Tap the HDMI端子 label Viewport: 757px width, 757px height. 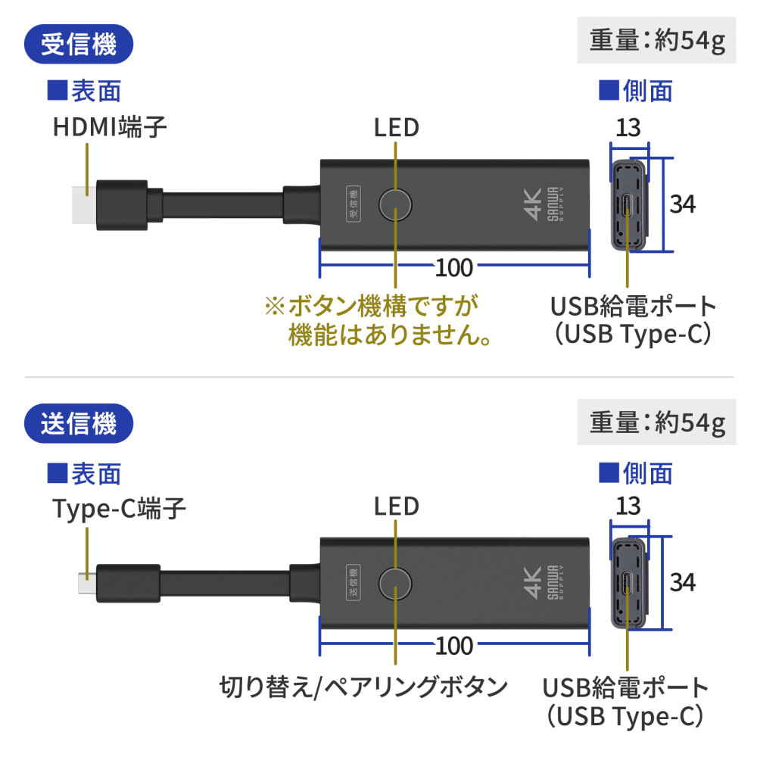point(110,126)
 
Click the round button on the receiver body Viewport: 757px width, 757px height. point(396,204)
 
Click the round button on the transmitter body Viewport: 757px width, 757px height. point(396,584)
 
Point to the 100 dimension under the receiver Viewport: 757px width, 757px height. point(454,267)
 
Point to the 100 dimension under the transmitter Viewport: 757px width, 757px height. point(454,646)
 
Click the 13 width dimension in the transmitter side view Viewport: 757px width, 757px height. point(628,505)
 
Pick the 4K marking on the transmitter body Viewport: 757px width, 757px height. point(531,583)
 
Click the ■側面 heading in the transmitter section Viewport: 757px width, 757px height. point(636,473)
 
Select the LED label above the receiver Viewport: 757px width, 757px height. point(396,126)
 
